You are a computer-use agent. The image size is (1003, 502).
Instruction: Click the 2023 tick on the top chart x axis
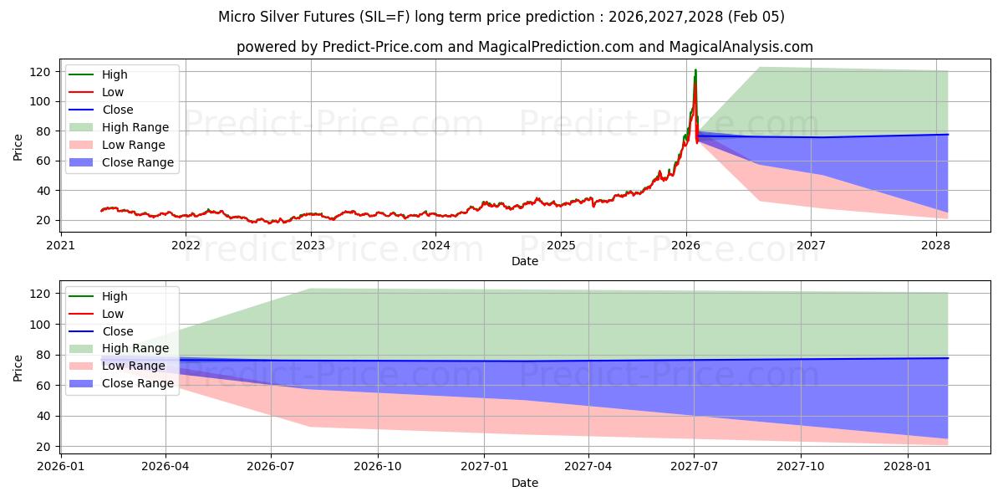click(x=311, y=245)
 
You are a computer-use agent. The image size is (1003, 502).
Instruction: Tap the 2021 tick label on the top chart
click(x=60, y=245)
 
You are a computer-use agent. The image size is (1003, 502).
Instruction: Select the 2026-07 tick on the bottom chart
click(x=272, y=467)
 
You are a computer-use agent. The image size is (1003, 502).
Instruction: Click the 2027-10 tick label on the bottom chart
click(x=801, y=467)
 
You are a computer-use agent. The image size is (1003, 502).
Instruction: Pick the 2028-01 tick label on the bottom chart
click(x=907, y=467)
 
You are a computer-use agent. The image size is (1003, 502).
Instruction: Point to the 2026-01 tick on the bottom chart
click(x=60, y=467)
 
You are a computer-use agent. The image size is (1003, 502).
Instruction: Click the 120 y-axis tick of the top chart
click(x=42, y=72)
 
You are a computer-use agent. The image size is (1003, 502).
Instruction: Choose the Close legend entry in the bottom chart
click(x=118, y=331)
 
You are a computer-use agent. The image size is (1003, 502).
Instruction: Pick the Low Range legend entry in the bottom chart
click(x=134, y=366)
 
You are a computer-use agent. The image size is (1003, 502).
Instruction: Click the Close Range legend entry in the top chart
click(x=138, y=162)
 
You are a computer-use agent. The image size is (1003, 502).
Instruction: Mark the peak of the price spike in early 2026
click(x=695, y=70)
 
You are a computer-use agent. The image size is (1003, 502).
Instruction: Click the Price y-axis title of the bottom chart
click(x=18, y=367)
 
